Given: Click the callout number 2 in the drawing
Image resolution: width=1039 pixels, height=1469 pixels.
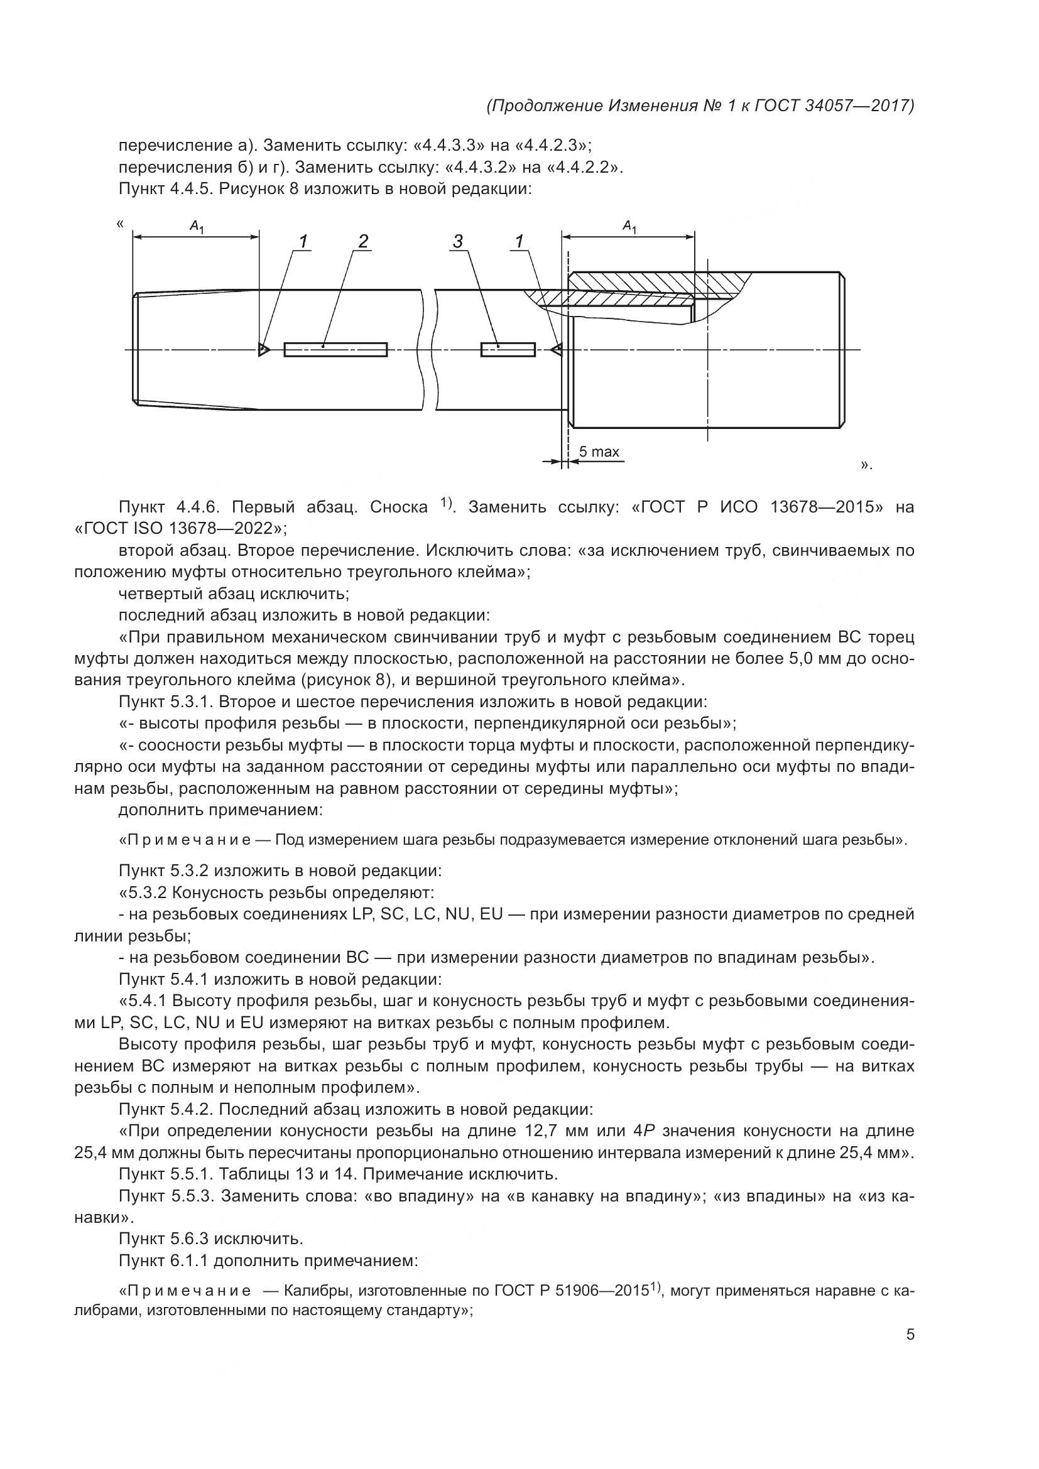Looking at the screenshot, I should pyautogui.click(x=363, y=241).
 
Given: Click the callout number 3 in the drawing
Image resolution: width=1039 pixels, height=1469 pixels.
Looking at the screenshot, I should pyautogui.click(x=458, y=241).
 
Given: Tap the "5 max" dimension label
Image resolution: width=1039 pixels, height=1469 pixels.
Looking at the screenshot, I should pyautogui.click(x=599, y=452).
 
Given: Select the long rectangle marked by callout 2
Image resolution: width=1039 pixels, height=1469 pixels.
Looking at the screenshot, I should pyautogui.click(x=335, y=349).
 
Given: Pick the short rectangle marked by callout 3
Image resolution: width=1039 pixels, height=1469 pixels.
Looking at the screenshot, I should pyautogui.click(x=508, y=349).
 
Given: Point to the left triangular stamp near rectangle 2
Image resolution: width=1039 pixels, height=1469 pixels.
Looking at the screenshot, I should pyautogui.click(x=263, y=349).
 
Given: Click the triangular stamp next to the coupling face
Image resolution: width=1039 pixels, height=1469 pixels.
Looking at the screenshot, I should pyautogui.click(x=557, y=349).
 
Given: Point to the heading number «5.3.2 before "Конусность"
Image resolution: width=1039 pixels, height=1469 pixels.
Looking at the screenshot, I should pyautogui.click(x=146, y=892).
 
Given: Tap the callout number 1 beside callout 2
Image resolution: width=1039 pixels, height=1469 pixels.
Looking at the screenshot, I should pyautogui.click(x=303, y=241).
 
